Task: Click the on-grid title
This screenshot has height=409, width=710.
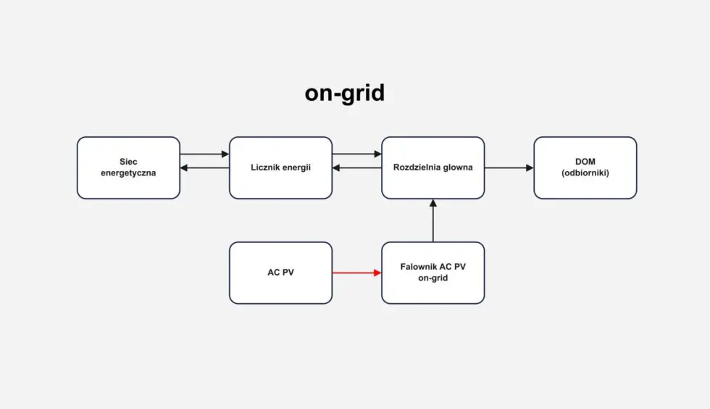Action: tap(344, 94)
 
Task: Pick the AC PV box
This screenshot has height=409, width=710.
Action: tap(280, 273)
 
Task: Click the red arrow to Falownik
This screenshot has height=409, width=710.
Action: tap(356, 273)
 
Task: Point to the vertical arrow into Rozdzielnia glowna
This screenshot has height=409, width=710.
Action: tap(433, 220)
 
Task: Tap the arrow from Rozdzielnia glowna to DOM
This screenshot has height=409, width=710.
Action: tap(509, 168)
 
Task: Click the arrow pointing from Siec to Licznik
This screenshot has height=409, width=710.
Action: tap(204, 154)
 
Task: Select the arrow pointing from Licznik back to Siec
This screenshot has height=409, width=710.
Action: tap(204, 168)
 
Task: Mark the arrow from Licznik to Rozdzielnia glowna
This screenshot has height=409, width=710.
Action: tap(356, 154)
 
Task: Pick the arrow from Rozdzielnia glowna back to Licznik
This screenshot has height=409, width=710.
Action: tap(356, 168)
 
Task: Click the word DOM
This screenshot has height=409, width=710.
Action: tap(585, 162)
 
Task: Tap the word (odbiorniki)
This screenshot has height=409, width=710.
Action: tap(585, 173)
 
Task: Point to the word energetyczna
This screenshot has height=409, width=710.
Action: tap(128, 173)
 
